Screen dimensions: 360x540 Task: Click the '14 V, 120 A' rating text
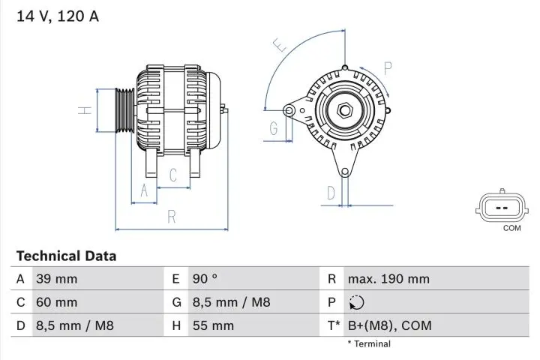(57, 16)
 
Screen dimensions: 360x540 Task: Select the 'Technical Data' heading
(66, 256)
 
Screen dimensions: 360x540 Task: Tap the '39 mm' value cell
(57, 279)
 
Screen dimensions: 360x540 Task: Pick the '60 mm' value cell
(57, 302)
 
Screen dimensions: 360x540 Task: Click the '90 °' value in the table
(205, 279)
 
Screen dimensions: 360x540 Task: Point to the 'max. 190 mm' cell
(388, 279)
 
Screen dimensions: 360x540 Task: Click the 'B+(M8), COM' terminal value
(389, 325)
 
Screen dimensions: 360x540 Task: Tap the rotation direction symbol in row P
(356, 303)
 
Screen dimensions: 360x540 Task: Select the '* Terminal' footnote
(369, 344)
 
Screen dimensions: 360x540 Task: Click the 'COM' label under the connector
(511, 228)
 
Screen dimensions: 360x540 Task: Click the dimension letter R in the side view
(172, 217)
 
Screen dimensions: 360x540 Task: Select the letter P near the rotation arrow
(388, 67)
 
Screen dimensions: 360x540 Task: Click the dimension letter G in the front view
(274, 128)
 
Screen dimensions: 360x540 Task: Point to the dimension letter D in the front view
(330, 193)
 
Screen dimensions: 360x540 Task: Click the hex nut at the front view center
(345, 110)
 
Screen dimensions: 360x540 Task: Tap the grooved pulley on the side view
(124, 110)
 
